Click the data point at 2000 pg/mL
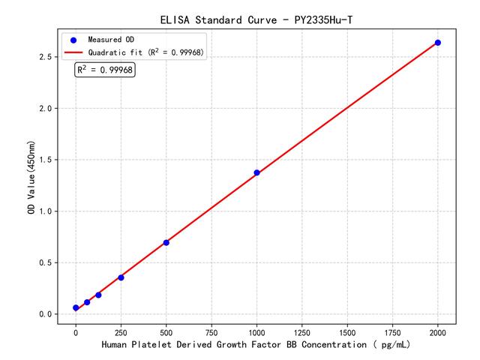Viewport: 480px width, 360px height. tap(438, 43)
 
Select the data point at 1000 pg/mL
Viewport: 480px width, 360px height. tap(256, 172)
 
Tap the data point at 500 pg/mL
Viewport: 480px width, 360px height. tap(166, 242)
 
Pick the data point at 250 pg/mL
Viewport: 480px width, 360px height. tap(121, 277)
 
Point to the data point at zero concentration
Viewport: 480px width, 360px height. tap(76, 307)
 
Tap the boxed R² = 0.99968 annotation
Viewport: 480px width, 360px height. tap(104, 70)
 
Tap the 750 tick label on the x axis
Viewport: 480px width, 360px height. tap(211, 331)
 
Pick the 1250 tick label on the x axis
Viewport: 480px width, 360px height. tap(302, 331)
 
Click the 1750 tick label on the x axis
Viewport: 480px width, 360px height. tap(393, 331)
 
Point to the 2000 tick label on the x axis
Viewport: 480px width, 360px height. tap(438, 331)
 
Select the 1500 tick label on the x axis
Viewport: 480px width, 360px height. tap(347, 331)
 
